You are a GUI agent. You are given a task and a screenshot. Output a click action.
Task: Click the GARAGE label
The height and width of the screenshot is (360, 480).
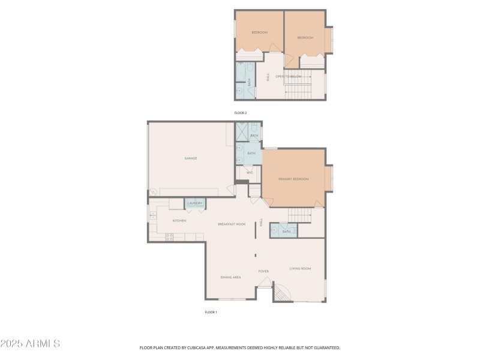(191, 158)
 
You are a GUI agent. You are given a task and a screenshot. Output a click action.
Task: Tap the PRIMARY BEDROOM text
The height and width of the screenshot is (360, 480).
(293, 179)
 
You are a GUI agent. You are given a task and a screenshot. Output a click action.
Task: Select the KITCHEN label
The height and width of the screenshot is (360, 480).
(179, 221)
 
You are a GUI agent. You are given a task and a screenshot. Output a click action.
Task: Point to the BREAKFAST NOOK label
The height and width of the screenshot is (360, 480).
(232, 224)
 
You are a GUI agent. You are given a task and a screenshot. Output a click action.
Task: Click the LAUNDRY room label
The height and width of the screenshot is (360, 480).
(194, 204)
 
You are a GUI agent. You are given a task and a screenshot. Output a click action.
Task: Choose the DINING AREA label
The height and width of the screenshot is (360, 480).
(231, 277)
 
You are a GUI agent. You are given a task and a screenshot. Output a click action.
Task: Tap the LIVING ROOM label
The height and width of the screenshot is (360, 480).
(300, 268)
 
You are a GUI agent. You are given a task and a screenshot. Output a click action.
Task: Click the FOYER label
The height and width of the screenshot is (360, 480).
(263, 271)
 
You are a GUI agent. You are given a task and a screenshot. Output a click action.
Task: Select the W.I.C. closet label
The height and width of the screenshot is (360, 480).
(250, 173)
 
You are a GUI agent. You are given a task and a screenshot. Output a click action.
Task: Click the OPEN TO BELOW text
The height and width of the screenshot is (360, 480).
(287, 77)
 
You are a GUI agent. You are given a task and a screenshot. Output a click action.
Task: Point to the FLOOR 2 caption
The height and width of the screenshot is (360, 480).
(240, 113)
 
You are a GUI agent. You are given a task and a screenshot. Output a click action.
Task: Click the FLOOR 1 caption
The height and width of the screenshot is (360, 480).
(211, 312)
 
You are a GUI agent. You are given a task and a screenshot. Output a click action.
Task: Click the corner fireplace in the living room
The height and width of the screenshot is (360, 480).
(281, 293)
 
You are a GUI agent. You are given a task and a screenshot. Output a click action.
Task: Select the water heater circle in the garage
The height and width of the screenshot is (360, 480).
(152, 192)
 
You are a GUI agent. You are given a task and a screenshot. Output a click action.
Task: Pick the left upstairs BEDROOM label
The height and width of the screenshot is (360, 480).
(259, 32)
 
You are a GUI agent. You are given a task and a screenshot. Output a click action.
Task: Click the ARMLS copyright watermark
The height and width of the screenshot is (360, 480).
(30, 344)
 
